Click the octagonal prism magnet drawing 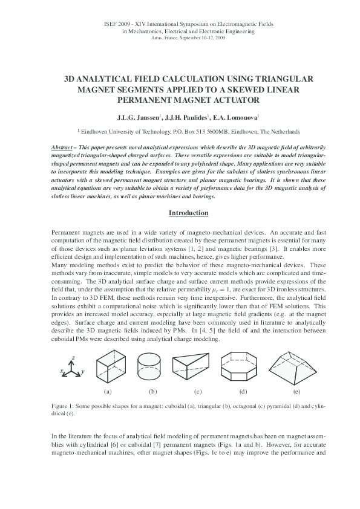pyautogui.click(x=244, y=370)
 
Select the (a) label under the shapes pyautogui.click(x=108, y=392)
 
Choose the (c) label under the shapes pyautogui.click(x=198, y=392)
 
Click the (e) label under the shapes pyautogui.click(x=296, y=392)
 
